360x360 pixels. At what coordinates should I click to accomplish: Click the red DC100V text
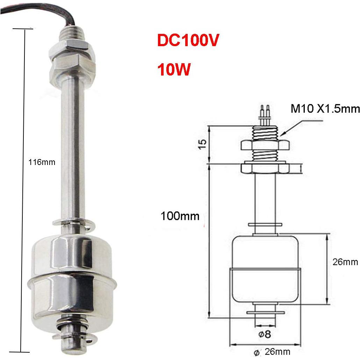[188, 41]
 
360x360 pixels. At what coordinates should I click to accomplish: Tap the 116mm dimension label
[41, 162]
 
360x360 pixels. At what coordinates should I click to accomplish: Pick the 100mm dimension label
[180, 216]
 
